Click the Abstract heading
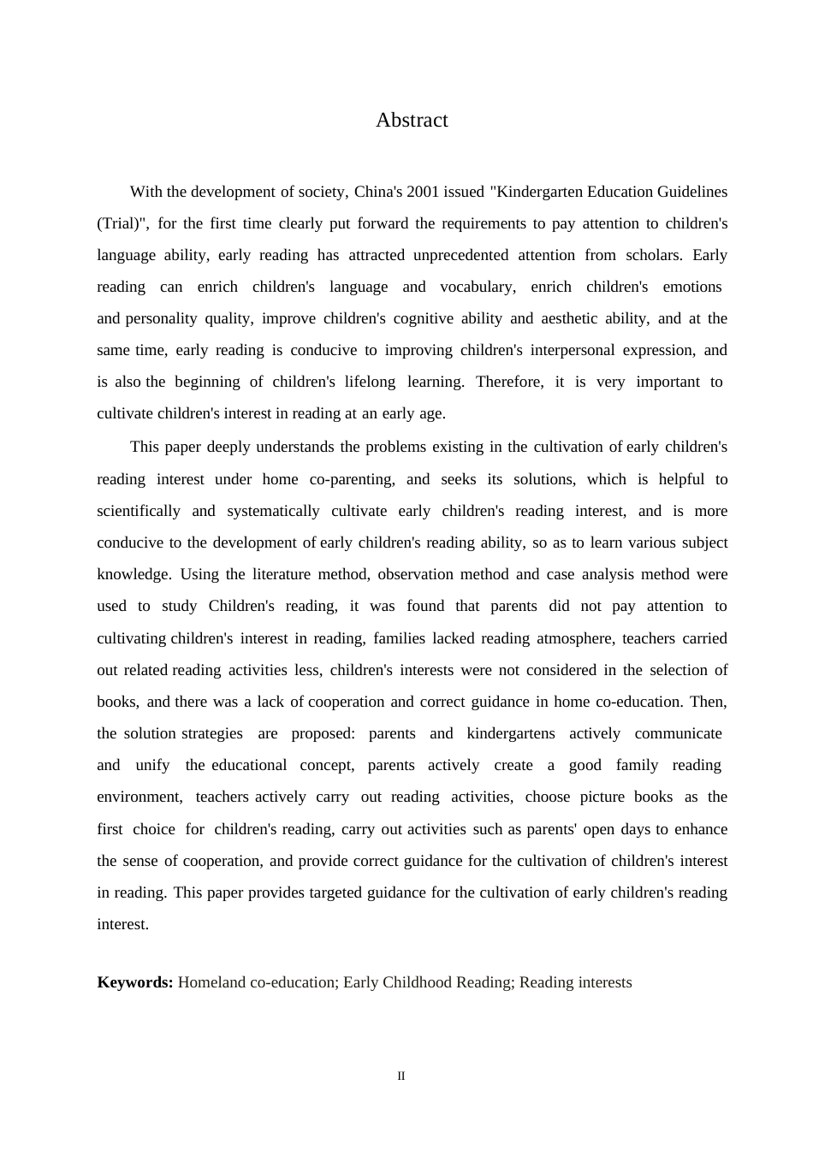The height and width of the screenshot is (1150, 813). [x=412, y=121]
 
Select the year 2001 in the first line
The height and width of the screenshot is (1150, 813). [x=423, y=192]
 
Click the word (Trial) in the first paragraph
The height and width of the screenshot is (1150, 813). [x=118, y=223]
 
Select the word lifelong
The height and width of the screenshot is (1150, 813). [x=370, y=382]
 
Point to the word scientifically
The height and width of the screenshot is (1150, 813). [x=139, y=511]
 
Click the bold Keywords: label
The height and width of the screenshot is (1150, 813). [x=135, y=982]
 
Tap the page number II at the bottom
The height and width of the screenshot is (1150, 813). [x=401, y=1076]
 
